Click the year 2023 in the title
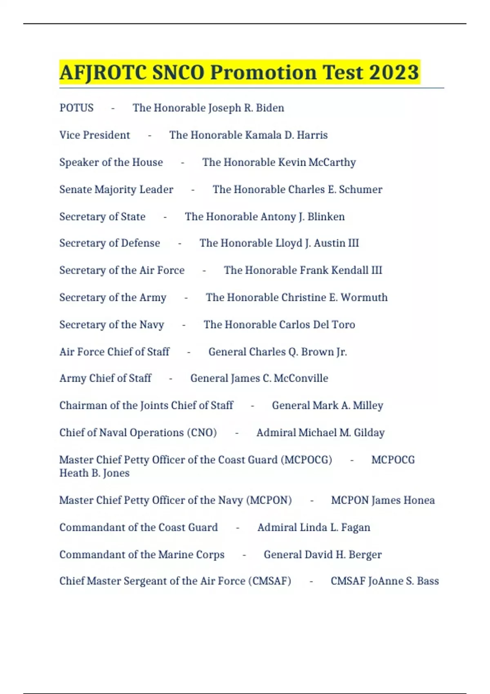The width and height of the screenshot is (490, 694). coord(394,72)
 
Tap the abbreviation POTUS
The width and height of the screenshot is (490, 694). coord(76,108)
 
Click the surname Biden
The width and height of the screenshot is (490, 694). coord(270,108)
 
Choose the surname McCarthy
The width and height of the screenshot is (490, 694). coord(332,162)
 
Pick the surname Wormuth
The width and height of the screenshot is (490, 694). coord(364,298)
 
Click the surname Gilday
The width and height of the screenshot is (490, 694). coord(369,433)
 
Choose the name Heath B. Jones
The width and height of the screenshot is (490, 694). coord(94,473)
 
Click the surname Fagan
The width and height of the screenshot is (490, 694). coord(355,527)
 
